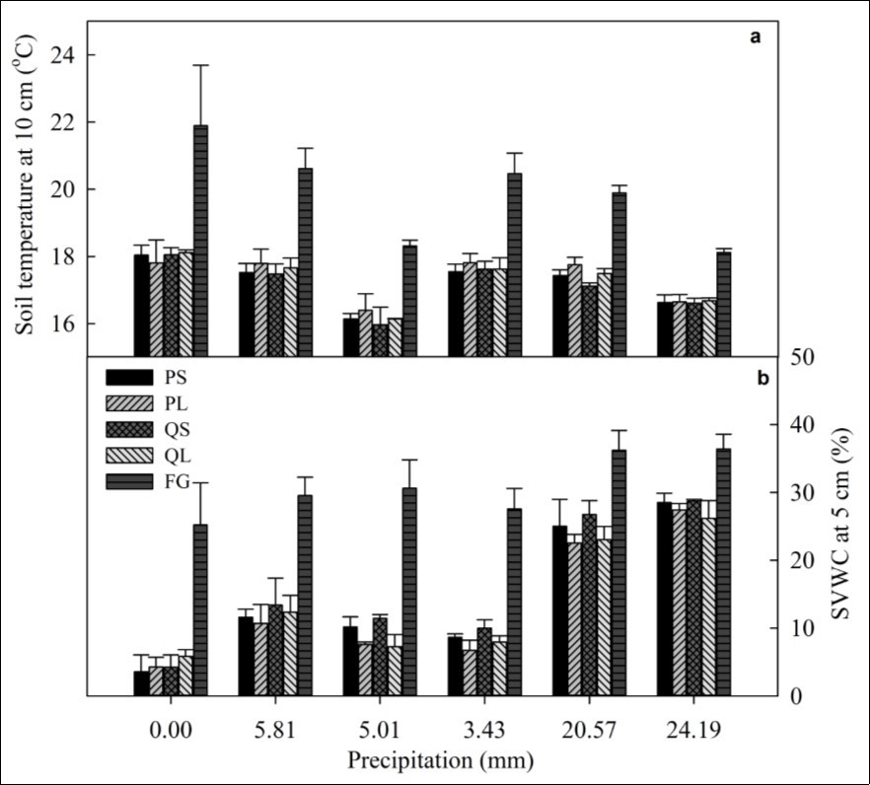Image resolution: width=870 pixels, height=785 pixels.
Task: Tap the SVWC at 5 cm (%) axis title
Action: pyautogui.click(x=844, y=526)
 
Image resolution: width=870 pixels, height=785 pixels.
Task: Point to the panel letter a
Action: pyautogui.click(x=756, y=37)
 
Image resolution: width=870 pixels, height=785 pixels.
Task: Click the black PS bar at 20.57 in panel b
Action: pyautogui.click(x=559, y=610)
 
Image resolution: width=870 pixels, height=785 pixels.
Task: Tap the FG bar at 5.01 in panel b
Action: pyautogui.click(x=409, y=592)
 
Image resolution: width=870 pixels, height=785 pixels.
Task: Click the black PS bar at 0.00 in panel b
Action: pyautogui.click(x=141, y=683)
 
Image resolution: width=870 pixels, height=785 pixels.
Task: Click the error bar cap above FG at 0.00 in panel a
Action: pyautogui.click(x=201, y=65)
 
